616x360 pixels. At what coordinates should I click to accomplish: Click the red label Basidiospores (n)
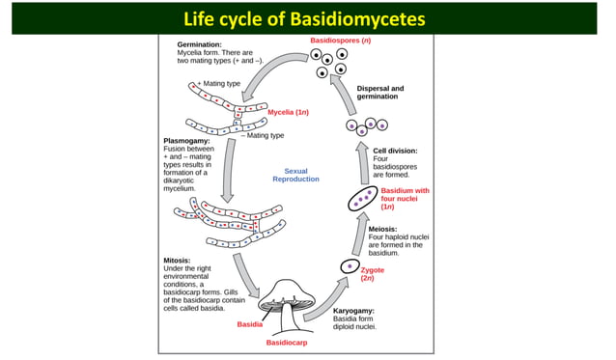click(340, 41)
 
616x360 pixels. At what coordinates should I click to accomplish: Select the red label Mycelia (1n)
click(288, 112)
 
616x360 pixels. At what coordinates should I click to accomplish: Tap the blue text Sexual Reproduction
click(295, 175)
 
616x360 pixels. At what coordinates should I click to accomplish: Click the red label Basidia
click(249, 324)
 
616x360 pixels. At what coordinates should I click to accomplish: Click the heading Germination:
click(200, 44)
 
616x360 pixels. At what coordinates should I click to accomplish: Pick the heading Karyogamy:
click(353, 311)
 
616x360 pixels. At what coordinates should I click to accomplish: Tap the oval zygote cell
click(350, 266)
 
